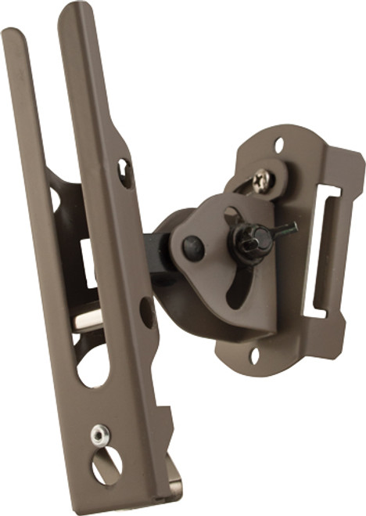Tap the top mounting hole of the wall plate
pyautogui.click(x=279, y=144)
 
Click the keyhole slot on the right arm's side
pyautogui.click(x=124, y=172)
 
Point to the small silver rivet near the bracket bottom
pyautogui.click(x=99, y=435)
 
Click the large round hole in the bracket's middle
pyautogui.click(x=93, y=364)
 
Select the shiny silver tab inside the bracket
pyautogui.click(x=88, y=319)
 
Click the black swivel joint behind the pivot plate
pyautogui.click(x=163, y=251)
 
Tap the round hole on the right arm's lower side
pyautogui.click(x=146, y=312)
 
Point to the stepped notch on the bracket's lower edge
pyautogui.click(x=165, y=419)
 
